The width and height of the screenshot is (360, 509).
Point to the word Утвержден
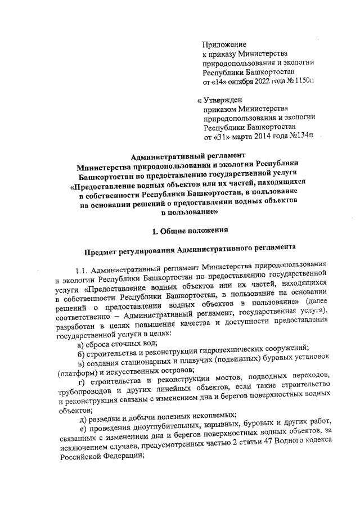coord(226,100)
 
